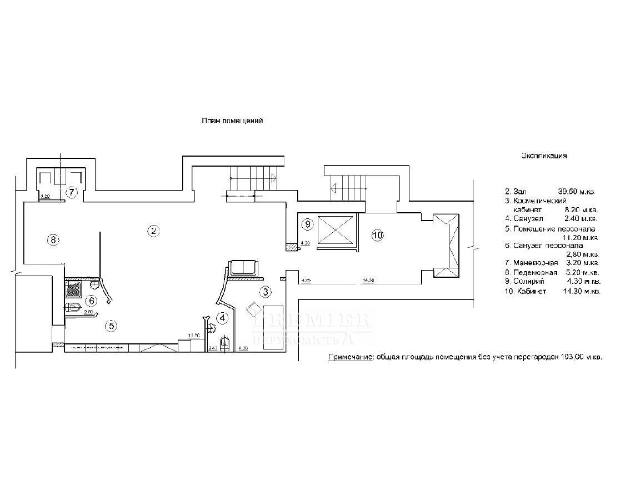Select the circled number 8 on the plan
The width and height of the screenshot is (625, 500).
(x=53, y=240)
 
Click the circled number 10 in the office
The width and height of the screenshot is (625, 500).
(x=377, y=236)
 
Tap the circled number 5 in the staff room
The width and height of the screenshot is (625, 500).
(x=112, y=326)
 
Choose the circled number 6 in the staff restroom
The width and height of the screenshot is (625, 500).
(x=92, y=301)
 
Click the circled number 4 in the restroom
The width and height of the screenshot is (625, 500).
(x=223, y=318)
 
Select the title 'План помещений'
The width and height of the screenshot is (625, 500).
(x=232, y=121)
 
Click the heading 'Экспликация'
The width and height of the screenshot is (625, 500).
(x=544, y=156)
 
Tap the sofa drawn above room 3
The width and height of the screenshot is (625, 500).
(x=243, y=267)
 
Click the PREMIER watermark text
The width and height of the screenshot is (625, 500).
(x=311, y=321)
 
